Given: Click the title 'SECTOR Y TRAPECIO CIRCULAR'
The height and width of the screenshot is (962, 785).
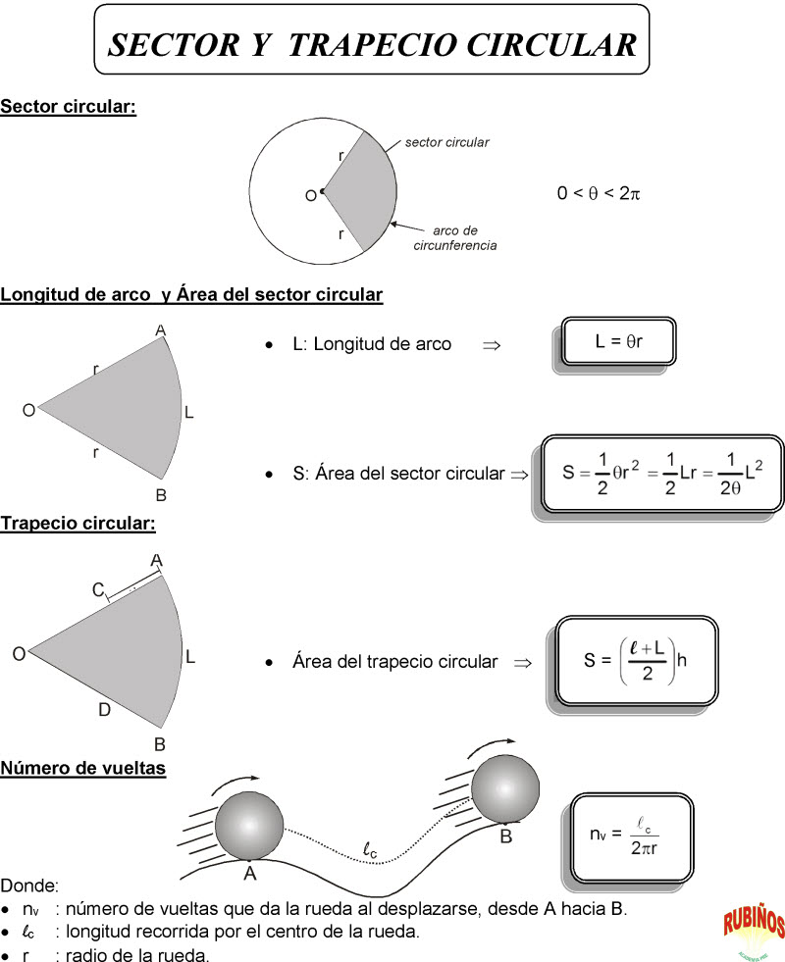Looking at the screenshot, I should tap(372, 44).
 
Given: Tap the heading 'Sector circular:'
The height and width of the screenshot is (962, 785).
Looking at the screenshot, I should tap(68, 106).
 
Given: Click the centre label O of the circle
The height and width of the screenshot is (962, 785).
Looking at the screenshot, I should tap(310, 196).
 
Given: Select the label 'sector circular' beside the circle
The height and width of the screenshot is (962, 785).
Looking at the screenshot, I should tap(447, 142).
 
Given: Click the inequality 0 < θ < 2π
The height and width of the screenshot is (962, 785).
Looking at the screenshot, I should tap(599, 193).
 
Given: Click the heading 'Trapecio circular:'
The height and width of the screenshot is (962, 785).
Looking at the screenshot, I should tap(78, 523).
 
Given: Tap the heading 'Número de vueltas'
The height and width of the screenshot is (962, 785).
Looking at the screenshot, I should tap(82, 768).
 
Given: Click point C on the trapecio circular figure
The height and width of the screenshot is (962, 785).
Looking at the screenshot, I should tap(98, 589).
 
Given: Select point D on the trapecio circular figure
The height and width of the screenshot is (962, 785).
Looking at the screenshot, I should tap(104, 710).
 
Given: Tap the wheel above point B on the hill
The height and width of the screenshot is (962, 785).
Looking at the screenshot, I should tap(505, 790).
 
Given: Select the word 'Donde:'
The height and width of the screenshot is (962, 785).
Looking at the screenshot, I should tap(30, 886).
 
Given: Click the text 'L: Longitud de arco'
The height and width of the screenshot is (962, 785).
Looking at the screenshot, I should tap(372, 344).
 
